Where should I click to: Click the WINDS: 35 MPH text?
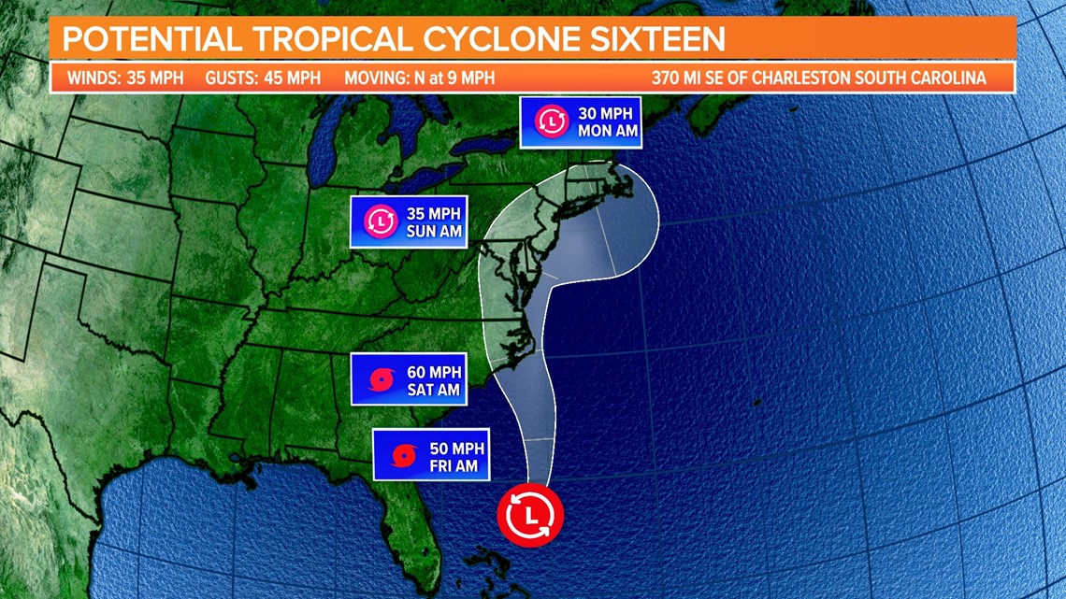124,78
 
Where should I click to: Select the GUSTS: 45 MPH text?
263,78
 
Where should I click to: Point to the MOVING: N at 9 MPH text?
419,78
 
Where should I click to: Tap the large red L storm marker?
530,515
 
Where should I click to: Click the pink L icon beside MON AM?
552,121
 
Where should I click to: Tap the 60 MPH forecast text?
433,371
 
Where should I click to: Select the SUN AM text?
435,231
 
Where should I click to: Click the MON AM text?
608,131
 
